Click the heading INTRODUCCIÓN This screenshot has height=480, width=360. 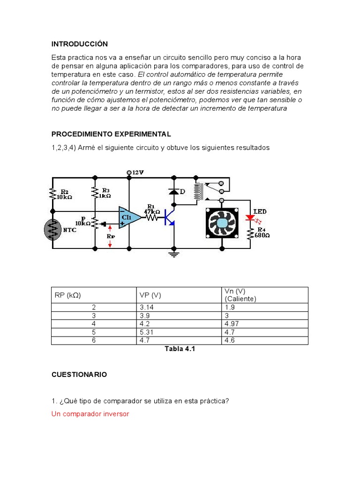coord(79,44)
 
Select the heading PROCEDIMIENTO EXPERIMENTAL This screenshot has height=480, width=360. coord(111,134)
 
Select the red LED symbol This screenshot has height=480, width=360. coord(251,219)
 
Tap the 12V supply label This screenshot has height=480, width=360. coord(138,172)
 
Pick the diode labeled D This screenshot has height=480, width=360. coord(174,192)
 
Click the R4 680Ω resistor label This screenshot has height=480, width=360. coord(262,232)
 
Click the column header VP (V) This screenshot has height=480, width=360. coord(150,295)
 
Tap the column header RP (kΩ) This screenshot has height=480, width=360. coord(67,295)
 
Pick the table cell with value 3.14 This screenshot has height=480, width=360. coord(147,307)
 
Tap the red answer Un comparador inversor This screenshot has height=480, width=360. coord(90,414)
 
